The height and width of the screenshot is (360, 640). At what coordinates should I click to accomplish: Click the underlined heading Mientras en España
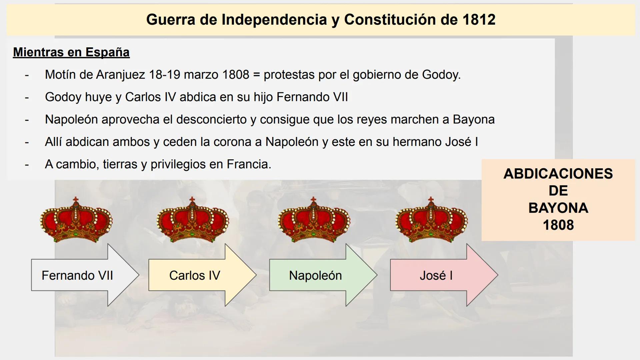[x=71, y=52]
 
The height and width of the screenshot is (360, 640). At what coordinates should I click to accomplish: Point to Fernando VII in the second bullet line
[x=312, y=97]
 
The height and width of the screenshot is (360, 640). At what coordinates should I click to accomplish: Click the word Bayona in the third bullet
[x=474, y=119]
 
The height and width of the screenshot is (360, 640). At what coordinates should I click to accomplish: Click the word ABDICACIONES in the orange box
[x=558, y=174]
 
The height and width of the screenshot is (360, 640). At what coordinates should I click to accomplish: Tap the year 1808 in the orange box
[x=558, y=225]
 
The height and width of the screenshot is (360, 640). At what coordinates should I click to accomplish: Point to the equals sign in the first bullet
[x=256, y=75]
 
